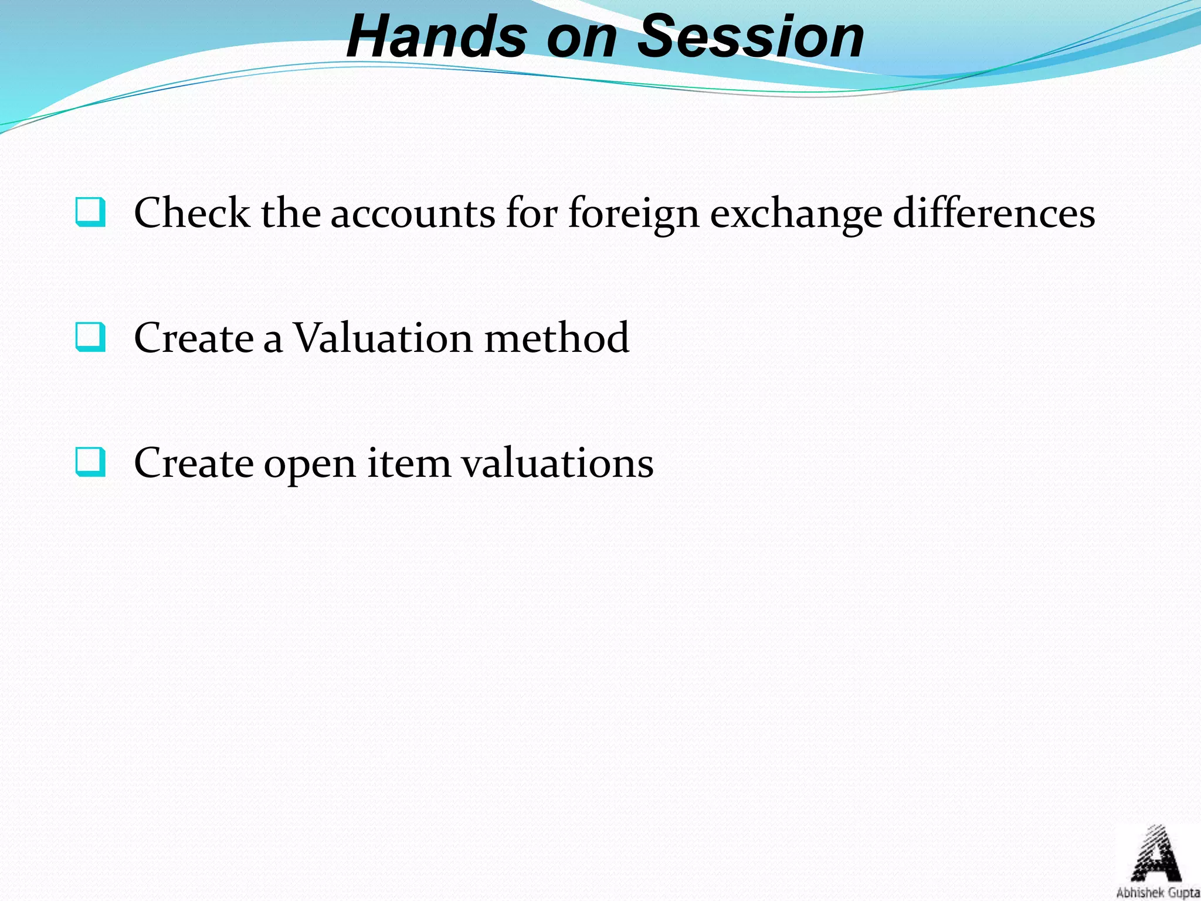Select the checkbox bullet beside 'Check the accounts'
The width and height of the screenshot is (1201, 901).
[x=90, y=212]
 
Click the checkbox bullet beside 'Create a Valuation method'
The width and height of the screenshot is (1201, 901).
[x=90, y=337]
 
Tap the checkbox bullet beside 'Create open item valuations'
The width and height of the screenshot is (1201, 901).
[x=90, y=462]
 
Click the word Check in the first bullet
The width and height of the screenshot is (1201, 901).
[x=191, y=212]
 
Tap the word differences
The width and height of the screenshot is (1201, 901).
[x=993, y=212]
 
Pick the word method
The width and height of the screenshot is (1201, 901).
[x=557, y=338]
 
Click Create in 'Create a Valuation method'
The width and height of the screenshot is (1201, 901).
[x=194, y=338]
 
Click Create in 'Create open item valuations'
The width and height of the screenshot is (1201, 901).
[x=194, y=463]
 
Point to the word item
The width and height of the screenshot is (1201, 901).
[x=409, y=463]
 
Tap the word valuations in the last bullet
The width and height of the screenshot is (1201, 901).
[x=557, y=463]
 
